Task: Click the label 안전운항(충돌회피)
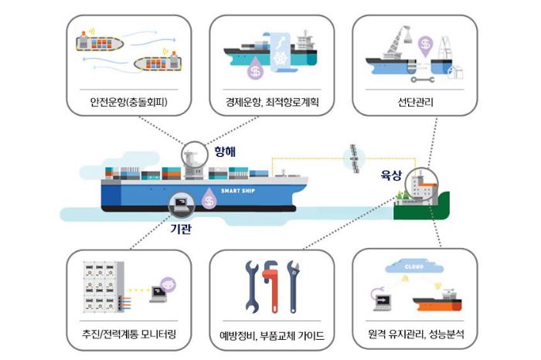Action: [x=129, y=102]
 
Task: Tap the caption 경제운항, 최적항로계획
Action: [x=272, y=102]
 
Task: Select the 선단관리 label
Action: [x=416, y=102]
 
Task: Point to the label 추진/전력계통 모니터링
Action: [x=129, y=334]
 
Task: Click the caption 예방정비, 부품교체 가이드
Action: [x=272, y=335]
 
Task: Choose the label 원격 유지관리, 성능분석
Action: [x=416, y=334]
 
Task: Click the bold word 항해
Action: [x=225, y=151]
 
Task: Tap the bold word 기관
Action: [x=181, y=229]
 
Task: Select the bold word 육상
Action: [x=392, y=175]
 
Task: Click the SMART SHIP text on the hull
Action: [x=238, y=190]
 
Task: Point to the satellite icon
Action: [x=354, y=158]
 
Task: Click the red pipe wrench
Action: [x=273, y=287]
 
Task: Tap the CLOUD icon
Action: [x=414, y=267]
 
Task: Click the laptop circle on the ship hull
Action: [x=182, y=205]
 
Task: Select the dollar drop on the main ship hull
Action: [x=209, y=199]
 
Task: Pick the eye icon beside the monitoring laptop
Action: [x=168, y=285]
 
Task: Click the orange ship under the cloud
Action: [x=437, y=301]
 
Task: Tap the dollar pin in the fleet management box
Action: [x=425, y=46]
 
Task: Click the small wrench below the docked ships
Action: [x=423, y=80]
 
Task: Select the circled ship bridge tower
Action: [x=194, y=155]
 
